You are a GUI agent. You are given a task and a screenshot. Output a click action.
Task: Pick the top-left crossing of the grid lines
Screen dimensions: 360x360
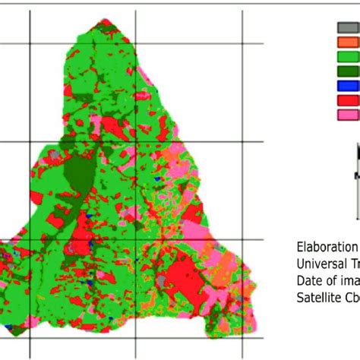(x=30, y=43)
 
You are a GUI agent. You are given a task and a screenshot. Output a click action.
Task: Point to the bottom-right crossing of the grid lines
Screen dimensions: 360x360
(x=242, y=340)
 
